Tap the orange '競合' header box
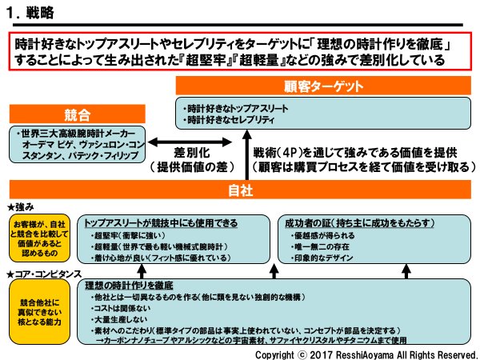66,114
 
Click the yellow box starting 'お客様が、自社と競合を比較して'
38,238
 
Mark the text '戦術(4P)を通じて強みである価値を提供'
343,152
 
